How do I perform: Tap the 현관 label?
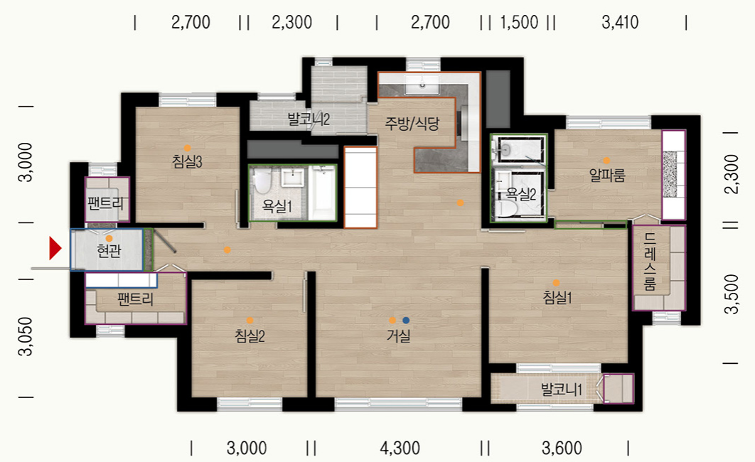[x=109, y=251]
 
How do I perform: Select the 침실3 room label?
[x=187, y=161]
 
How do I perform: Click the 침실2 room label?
[x=250, y=335]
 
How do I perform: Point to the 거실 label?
[x=399, y=335]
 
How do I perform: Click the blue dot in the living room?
[x=406, y=320]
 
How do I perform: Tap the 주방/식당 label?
[x=412, y=124]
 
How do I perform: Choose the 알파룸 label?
[x=607, y=175]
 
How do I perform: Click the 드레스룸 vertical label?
[x=650, y=262]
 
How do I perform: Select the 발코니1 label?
[x=562, y=390]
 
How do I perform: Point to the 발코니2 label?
[x=309, y=119]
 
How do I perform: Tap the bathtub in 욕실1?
[x=323, y=193]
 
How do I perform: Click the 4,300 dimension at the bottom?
[x=400, y=448]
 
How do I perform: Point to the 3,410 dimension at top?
[x=620, y=22]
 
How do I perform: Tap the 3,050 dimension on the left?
[x=25, y=336]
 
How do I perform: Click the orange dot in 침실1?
[x=556, y=283]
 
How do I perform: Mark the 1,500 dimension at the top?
[x=519, y=22]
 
